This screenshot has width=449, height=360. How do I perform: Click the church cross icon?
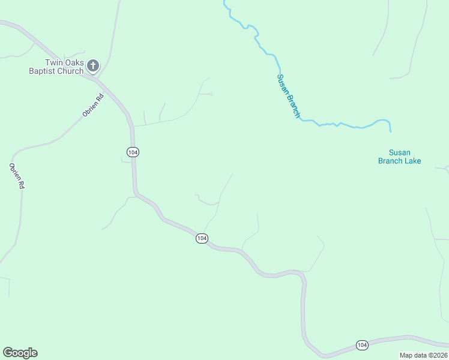[93, 65]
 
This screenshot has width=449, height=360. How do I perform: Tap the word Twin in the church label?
[54, 62]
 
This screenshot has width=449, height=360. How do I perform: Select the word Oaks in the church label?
[75, 62]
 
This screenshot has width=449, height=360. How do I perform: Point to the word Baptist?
[44, 71]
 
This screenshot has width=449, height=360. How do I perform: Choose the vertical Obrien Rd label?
[16, 176]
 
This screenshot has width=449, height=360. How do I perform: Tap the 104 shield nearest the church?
[133, 152]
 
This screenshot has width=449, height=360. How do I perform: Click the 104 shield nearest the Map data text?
[361, 344]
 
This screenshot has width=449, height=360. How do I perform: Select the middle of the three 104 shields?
[202, 239]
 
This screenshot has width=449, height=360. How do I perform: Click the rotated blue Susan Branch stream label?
[288, 95]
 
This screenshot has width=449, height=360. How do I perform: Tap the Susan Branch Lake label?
[399, 157]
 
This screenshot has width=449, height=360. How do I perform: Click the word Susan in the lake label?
[399, 152]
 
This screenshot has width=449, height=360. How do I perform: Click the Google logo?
[20, 353]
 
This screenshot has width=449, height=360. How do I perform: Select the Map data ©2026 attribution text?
[423, 355]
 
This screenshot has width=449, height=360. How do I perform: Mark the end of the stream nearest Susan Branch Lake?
[391, 131]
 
